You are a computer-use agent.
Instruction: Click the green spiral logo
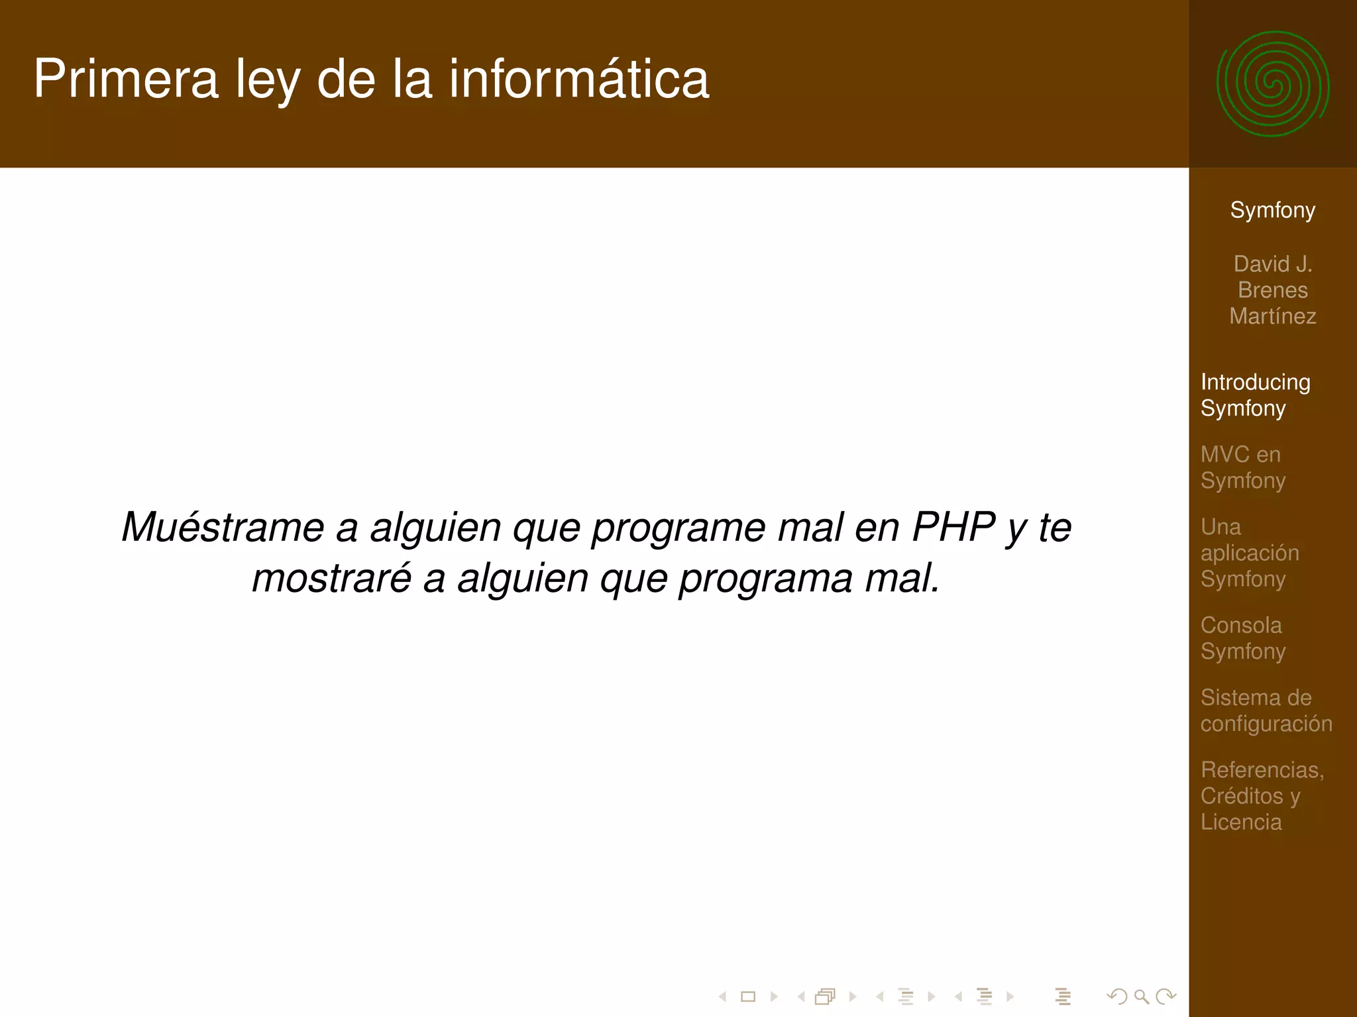pos(1272,84)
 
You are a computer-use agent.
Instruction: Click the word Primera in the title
pos(126,79)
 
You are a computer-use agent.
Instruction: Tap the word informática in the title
pos(579,79)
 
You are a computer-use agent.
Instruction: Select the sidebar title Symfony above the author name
pos(1272,210)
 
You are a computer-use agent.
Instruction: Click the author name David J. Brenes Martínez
pos(1272,290)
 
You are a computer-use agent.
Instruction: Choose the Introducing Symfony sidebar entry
pos(1255,395)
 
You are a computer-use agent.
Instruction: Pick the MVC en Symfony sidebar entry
pos(1243,467)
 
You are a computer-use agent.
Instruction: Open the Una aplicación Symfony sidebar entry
pos(1250,553)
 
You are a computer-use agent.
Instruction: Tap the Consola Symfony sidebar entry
pos(1243,638)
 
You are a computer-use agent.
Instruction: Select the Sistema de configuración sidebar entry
pos(1266,710)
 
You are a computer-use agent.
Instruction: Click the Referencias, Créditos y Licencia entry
pos(1262,796)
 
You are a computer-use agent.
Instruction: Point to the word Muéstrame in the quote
pos(223,528)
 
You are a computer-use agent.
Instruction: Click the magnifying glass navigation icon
pos(1141,996)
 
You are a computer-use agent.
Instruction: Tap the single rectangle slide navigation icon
pos(748,996)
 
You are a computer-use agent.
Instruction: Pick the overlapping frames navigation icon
pos(825,996)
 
